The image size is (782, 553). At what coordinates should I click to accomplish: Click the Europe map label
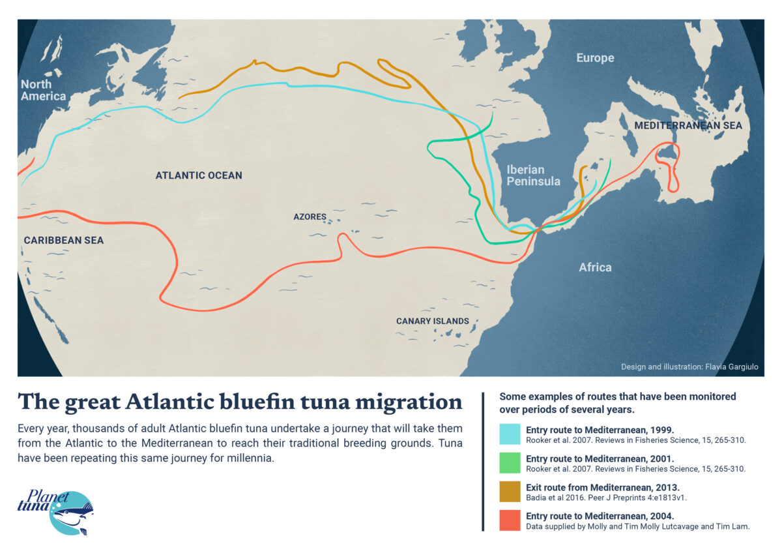[595, 58]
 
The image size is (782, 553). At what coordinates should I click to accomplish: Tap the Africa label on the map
[595, 267]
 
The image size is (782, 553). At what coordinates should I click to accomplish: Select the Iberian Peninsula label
[533, 175]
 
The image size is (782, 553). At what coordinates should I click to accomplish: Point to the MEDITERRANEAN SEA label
[688, 125]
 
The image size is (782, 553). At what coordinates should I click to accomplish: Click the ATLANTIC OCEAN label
[199, 175]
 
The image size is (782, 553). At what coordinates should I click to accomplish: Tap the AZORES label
[310, 217]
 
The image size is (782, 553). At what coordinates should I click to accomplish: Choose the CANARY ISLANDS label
[433, 321]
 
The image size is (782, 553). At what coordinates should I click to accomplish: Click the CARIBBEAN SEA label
[64, 240]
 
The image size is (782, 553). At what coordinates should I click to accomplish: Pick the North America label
[43, 90]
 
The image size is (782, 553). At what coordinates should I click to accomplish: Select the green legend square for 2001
[510, 463]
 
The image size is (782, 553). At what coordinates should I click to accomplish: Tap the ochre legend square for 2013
[510, 492]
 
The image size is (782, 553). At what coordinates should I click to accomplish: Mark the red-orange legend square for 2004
[510, 520]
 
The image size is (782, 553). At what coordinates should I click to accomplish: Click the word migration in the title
[410, 402]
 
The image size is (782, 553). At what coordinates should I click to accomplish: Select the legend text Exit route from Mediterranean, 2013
[602, 487]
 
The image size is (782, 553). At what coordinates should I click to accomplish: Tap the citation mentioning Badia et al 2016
[606, 498]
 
